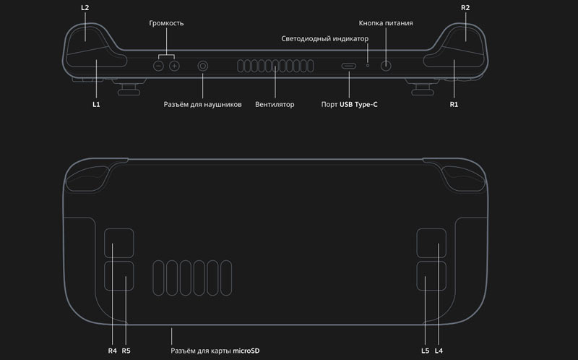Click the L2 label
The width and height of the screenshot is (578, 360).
[85, 7]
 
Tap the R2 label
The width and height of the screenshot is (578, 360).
[465, 7]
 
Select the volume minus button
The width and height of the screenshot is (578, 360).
[158, 66]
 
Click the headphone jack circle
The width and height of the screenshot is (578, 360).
[203, 66]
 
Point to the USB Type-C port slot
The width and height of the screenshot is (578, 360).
[349, 66]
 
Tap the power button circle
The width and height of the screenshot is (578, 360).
[386, 66]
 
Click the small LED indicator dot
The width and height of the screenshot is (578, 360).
[368, 65]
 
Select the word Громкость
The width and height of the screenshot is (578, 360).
[166, 23]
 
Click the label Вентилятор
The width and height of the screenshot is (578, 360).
[275, 104]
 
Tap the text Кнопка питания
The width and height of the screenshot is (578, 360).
[386, 23]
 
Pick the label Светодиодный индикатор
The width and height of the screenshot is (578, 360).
[324, 39]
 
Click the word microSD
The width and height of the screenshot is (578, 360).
[246, 351]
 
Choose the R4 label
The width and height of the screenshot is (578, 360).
[113, 351]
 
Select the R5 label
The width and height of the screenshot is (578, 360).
[126, 351]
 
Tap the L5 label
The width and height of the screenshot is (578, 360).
[425, 351]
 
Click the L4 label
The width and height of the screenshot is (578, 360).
[439, 351]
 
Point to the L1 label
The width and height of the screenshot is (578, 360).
[96, 104]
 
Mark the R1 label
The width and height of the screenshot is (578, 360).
[454, 104]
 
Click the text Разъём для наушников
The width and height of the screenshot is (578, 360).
[203, 105]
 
